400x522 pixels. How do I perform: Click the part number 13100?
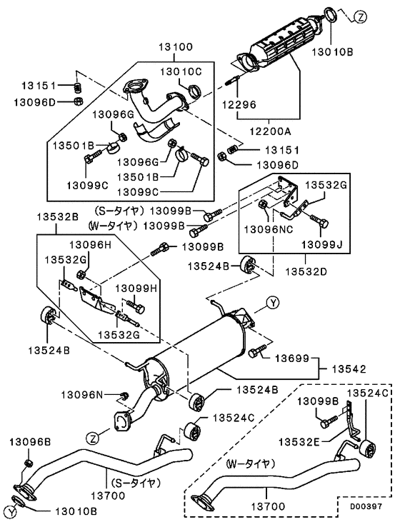click(x=176, y=46)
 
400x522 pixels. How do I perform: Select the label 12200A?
click(x=271, y=132)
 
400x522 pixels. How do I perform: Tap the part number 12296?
click(x=239, y=105)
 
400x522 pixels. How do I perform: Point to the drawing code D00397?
click(x=366, y=506)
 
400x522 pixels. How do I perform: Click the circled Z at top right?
click(x=360, y=16)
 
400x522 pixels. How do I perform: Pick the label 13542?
click(x=349, y=369)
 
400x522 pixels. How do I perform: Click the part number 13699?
click(x=292, y=358)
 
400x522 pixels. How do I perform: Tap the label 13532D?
click(x=306, y=271)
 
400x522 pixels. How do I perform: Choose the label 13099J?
click(x=322, y=245)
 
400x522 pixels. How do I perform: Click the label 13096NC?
click(x=269, y=229)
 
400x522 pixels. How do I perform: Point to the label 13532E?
click(x=299, y=441)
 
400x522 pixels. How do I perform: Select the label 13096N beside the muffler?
click(x=82, y=395)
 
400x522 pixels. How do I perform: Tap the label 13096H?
click(x=90, y=245)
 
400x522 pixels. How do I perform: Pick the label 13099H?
click(x=136, y=288)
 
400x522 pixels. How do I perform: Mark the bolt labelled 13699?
click(x=257, y=351)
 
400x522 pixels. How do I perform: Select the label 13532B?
click(x=57, y=217)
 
